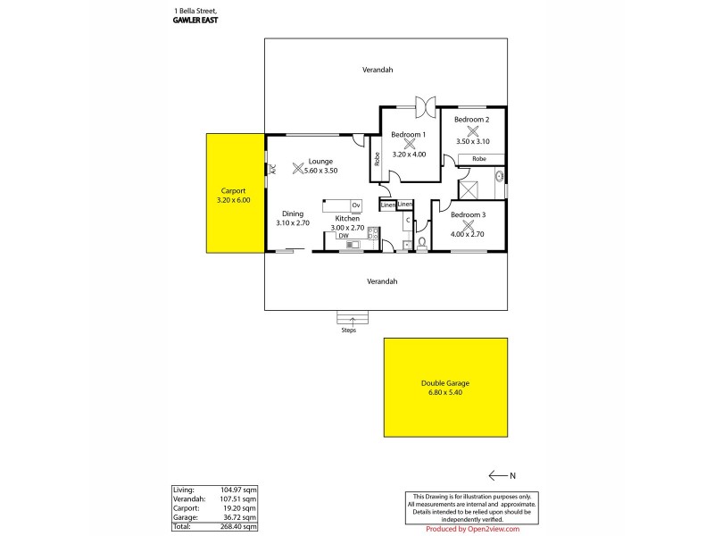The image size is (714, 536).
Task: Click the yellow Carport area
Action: click(x=234, y=193)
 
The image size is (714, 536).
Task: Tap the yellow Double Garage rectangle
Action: click(x=444, y=386)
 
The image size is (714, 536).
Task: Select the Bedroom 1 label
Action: click(x=408, y=134)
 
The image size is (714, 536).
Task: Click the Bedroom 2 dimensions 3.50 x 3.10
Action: click(x=472, y=141)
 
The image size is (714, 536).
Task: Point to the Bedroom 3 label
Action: click(x=468, y=214)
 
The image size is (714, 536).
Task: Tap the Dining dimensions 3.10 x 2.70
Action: click(x=293, y=223)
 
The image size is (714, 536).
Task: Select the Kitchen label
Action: click(x=347, y=218)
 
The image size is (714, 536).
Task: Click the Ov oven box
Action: click(x=355, y=205)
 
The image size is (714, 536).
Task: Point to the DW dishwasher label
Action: click(x=343, y=236)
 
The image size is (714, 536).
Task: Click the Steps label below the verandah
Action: click(x=348, y=331)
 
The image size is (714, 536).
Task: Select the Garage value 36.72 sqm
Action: click(x=244, y=516)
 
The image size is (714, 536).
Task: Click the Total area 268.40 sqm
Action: click(x=242, y=525)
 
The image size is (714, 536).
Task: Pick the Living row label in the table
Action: click(x=182, y=490)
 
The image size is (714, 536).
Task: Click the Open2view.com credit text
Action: click(x=473, y=528)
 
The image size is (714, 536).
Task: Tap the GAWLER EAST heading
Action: click(x=196, y=18)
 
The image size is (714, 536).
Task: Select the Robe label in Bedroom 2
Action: click(x=479, y=158)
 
